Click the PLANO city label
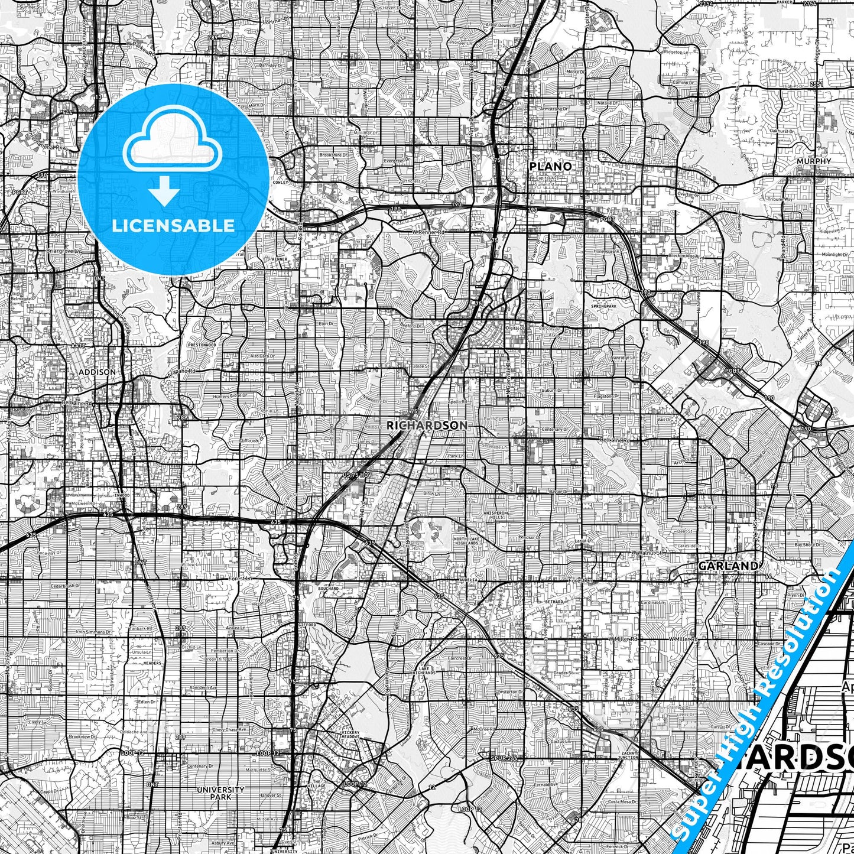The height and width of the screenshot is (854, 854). (550, 166)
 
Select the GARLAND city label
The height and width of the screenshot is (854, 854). (728, 566)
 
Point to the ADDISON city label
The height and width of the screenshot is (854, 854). (97, 372)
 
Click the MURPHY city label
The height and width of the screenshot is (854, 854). (813, 161)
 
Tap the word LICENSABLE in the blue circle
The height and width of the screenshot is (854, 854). (173, 225)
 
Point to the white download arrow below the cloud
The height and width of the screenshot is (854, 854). (164, 190)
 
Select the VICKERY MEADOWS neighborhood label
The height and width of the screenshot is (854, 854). (350, 735)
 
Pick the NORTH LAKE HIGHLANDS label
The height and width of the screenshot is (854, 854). (468, 542)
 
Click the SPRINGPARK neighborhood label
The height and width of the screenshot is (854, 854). (603, 307)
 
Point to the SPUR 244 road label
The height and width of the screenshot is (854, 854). (504, 757)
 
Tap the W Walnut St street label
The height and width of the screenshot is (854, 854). (647, 553)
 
